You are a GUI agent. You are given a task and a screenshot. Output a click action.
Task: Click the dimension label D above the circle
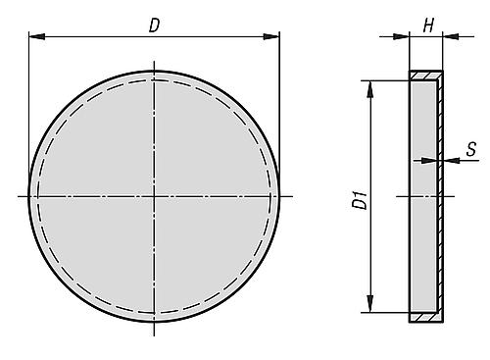point(154,26)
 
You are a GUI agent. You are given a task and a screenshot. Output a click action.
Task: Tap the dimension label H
point(428,26)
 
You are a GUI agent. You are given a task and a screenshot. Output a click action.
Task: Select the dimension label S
point(470,149)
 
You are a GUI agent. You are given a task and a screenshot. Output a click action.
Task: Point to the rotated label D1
point(360,201)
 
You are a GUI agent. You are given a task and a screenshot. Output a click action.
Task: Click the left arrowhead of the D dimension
point(36,36)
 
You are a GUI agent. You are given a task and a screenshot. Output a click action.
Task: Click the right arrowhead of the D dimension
point(271,36)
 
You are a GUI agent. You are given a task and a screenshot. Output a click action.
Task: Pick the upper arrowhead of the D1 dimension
point(369,89)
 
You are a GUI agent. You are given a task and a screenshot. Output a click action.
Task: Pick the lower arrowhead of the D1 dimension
point(369,304)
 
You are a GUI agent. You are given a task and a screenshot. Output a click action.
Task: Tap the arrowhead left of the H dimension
point(401,36)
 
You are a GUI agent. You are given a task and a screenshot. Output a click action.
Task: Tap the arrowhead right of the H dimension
point(451,36)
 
